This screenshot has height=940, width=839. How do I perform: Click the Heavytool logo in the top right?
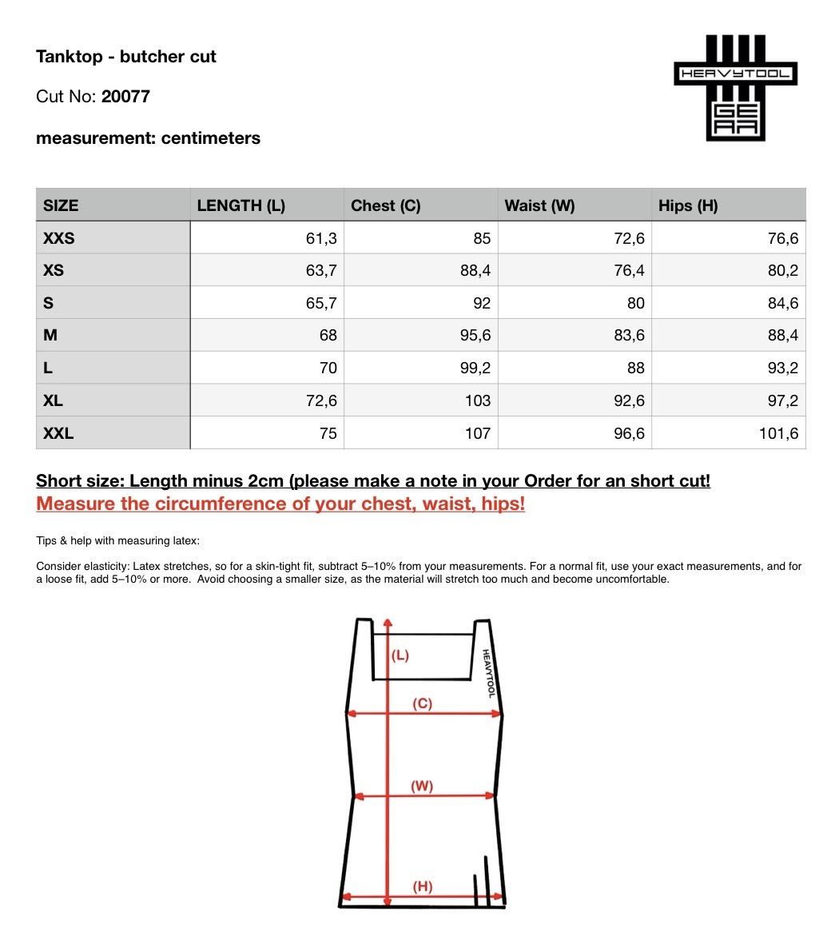tap(736, 88)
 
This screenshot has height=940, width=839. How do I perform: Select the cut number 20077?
tap(125, 97)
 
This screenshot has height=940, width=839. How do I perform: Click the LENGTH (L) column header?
tap(241, 205)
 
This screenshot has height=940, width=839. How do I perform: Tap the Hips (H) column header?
tap(688, 205)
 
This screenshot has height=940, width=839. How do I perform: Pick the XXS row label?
tap(59, 238)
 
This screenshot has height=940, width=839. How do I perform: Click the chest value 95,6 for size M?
tap(475, 336)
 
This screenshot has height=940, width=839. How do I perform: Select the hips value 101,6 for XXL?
tap(779, 434)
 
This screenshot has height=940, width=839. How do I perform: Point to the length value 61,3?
tap(321, 238)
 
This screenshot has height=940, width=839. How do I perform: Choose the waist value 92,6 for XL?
tap(629, 401)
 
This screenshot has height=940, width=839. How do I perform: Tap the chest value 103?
tap(478, 401)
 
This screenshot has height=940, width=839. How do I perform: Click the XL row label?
tap(53, 401)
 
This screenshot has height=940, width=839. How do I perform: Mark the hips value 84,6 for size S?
tap(783, 304)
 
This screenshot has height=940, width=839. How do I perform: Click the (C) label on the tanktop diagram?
tap(422, 703)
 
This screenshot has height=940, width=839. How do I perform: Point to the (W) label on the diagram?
tap(422, 786)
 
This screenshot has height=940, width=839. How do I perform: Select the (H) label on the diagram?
tap(422, 886)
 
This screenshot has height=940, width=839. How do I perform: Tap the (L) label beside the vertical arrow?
tap(400, 655)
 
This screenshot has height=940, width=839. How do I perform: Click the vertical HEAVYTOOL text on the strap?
tap(489, 673)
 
